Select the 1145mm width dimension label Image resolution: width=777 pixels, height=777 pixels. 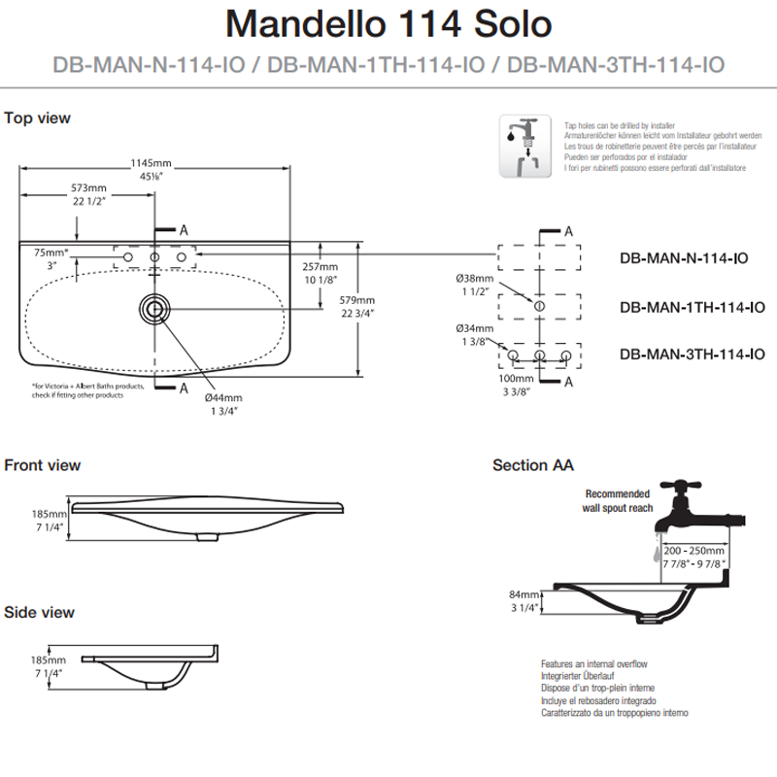click(151, 163)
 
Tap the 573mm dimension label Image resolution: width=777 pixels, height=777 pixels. click(87, 187)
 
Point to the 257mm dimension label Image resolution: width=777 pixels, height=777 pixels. click(320, 266)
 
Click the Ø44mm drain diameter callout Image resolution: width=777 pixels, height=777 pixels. click(222, 397)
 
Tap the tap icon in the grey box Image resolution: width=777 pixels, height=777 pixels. click(524, 146)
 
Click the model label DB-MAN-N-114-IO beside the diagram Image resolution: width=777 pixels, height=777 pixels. click(683, 258)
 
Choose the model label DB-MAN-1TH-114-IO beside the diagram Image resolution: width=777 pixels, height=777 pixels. click(691, 307)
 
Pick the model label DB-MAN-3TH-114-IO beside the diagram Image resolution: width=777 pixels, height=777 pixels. click(691, 355)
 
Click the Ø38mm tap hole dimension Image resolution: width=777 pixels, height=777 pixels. click(475, 279)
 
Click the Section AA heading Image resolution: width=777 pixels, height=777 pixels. click(532, 465)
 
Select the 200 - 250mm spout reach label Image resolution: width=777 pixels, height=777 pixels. click(695, 550)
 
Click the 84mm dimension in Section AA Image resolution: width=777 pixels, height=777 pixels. click(523, 594)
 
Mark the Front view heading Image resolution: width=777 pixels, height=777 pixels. click(43, 465)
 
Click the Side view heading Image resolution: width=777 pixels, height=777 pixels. click(39, 612)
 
